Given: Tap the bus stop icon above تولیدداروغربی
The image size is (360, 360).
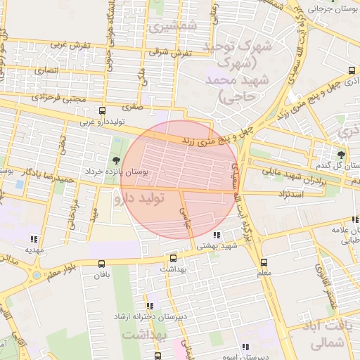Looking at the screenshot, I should pos(103,110).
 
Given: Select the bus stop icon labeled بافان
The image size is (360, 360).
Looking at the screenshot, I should pos(103,264).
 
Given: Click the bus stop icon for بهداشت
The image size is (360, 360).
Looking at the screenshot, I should pos(174,258).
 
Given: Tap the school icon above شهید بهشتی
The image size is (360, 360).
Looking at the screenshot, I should pos(217,235).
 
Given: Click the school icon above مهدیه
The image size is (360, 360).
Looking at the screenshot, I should pos(34,239).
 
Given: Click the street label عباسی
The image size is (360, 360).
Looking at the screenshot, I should pos(186,218).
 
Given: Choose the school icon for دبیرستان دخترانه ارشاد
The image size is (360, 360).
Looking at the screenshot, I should pos(150,306).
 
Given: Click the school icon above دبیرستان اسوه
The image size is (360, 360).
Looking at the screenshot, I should pos(245,347).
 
